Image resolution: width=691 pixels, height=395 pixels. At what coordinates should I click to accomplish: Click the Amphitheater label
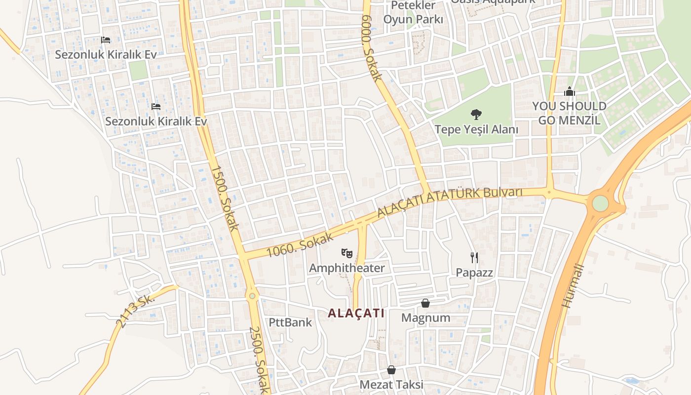click(346, 268)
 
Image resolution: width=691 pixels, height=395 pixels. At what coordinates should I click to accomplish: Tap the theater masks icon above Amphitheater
click(347, 254)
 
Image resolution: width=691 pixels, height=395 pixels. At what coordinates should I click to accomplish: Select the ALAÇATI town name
click(356, 313)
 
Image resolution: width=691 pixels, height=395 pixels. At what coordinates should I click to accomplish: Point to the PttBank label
click(290, 322)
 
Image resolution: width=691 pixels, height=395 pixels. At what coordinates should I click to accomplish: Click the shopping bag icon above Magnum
click(425, 303)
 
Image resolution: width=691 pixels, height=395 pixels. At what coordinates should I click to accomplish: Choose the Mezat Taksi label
click(391, 384)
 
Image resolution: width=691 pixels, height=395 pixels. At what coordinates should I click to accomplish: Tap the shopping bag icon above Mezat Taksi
click(391, 370)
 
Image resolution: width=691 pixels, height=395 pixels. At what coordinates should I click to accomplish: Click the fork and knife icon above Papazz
click(474, 257)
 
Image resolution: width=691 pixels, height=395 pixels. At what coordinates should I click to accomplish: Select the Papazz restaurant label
click(474, 272)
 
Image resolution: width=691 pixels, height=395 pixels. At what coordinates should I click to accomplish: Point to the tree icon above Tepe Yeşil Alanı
click(476, 115)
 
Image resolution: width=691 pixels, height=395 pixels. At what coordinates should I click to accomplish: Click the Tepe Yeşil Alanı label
click(476, 129)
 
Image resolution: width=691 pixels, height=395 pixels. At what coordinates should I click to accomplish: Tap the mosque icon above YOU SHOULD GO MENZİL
click(570, 92)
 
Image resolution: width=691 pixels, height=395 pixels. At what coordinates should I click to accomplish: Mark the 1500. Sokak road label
click(225, 198)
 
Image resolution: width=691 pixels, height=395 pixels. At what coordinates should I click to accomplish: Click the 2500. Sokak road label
click(259, 359)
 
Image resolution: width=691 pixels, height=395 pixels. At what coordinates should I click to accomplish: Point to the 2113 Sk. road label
click(135, 311)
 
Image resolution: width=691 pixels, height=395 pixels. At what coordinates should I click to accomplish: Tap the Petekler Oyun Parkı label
click(413, 13)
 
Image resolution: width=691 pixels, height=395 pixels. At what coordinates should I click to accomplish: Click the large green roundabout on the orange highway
click(600, 203)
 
